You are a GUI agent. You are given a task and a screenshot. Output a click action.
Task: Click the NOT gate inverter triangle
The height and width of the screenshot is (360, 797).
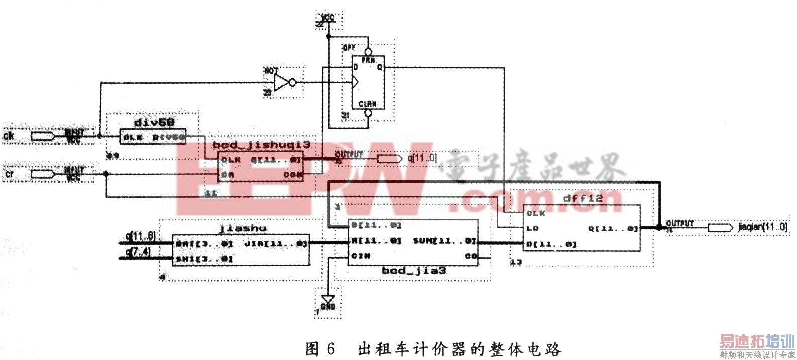click(283, 83)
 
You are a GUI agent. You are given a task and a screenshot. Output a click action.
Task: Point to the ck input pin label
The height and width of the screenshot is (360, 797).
click(9, 136)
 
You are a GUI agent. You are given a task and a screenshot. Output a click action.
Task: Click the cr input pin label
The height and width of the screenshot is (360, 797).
click(9, 174)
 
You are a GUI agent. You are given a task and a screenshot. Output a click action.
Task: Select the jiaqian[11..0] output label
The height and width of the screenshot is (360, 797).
click(762, 227)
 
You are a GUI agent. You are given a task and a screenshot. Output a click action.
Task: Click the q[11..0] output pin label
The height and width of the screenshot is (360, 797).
click(422, 159)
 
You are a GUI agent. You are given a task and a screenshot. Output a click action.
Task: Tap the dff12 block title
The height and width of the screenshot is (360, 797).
click(583, 198)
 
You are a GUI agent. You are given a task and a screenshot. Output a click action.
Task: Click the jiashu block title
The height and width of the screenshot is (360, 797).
click(243, 228)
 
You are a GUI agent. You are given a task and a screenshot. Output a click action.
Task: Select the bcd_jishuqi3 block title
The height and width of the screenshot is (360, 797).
click(261, 145)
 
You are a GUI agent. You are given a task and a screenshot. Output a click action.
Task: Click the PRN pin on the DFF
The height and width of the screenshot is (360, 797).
click(368, 60)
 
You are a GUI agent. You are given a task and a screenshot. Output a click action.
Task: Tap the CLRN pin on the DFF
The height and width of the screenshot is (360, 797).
click(368, 104)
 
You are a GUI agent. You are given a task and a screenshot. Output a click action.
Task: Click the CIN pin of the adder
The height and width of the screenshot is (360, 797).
click(361, 256)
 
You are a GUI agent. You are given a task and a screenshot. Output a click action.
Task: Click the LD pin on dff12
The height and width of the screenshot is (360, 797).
click(532, 228)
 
